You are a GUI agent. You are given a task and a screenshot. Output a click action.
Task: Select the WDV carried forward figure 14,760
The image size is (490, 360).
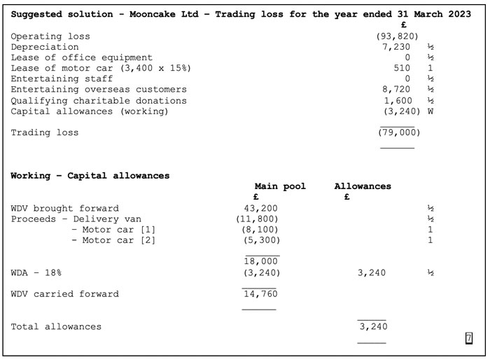pyautogui.click(x=260, y=294)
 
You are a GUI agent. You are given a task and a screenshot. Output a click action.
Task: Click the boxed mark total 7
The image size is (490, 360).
pyautogui.click(x=468, y=339)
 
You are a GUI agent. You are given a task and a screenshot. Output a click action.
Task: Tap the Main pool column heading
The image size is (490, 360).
pyautogui.click(x=280, y=186)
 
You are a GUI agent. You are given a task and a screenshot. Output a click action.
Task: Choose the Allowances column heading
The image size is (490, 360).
pyautogui.click(x=363, y=186)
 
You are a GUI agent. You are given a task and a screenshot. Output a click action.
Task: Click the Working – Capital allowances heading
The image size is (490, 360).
pyautogui.click(x=90, y=176)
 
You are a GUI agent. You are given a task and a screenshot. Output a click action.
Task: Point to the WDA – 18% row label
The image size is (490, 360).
pyautogui.click(x=41, y=272)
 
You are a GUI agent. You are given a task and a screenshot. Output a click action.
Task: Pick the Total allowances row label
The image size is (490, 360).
pyautogui.click(x=56, y=326)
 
